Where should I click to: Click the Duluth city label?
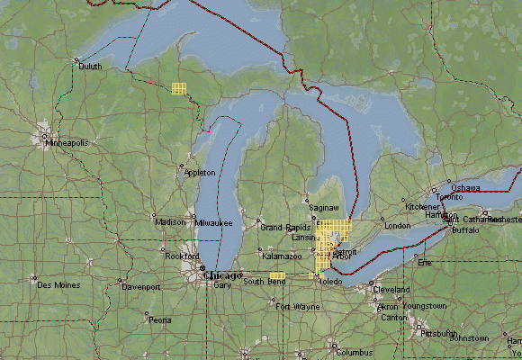pyautogui.click(x=90, y=66)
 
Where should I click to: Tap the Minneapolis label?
pyautogui.click(x=67, y=142)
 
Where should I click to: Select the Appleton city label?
pyautogui.click(x=200, y=171)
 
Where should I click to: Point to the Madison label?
pyautogui.click(x=170, y=222)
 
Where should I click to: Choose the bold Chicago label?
pyautogui.click(x=223, y=275)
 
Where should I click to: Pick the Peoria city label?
pyautogui.click(x=159, y=319)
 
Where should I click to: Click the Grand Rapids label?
pyautogui.click(x=284, y=228)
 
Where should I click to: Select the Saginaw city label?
pyautogui.click(x=324, y=207)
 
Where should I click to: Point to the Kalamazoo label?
pyautogui.click(x=282, y=256)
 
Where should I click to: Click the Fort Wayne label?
pyautogui.click(x=297, y=307)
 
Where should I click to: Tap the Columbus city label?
pyautogui.click(x=354, y=352)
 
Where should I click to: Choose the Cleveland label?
pyautogui.click(x=391, y=289)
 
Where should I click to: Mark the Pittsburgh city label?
pyautogui.click(x=440, y=332)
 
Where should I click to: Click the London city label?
pyautogui.click(x=397, y=225)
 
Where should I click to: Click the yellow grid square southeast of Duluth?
pyautogui.click(x=178, y=88)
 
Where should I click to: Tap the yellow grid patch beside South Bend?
pyautogui.click(x=277, y=276)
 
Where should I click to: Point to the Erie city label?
pyautogui.click(x=426, y=262)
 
